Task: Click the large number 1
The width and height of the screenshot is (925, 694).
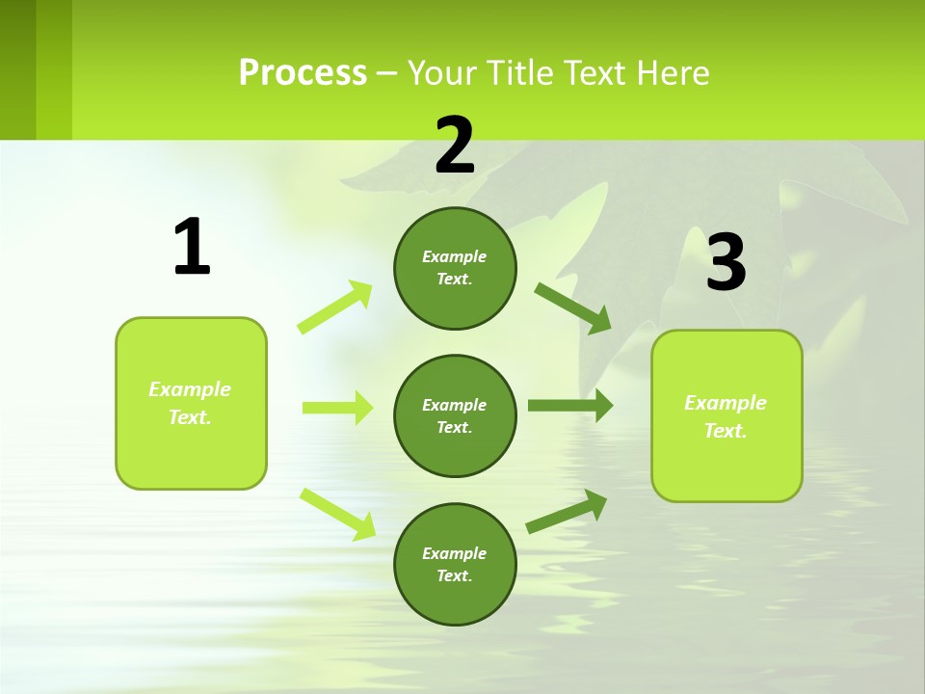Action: point(192,248)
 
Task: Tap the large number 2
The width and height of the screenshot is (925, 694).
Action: point(455,146)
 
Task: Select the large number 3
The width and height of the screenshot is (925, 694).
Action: point(726,263)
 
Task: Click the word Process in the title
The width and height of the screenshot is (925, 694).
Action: point(303,72)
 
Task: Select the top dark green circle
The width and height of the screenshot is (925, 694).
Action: point(455,268)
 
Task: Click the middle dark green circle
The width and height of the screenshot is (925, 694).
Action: point(455,415)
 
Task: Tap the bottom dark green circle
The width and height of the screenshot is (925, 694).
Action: point(455,564)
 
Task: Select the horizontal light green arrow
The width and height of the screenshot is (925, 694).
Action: point(337,408)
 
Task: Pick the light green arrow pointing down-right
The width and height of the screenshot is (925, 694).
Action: point(338,514)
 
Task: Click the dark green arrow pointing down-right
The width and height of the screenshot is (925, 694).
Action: point(573,308)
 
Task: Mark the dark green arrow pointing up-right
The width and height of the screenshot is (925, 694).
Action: point(567,512)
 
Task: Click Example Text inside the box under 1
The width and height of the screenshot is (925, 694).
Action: point(190,403)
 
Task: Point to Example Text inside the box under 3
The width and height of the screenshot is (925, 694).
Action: point(726,416)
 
